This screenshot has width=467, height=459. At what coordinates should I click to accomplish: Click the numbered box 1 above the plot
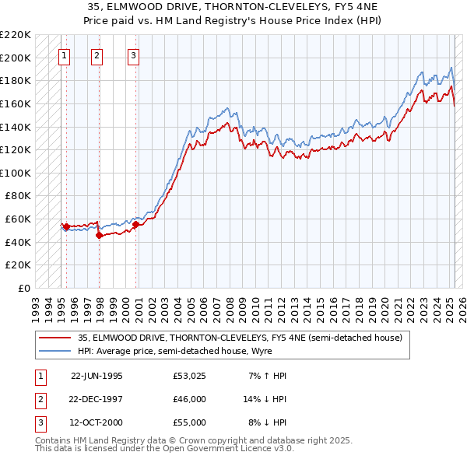[x=64, y=55]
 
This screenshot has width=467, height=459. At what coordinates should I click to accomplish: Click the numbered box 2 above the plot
[x=97, y=55]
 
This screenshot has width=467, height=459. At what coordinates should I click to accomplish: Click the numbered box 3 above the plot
[x=133, y=55]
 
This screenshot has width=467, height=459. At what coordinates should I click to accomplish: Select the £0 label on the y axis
[x=24, y=288]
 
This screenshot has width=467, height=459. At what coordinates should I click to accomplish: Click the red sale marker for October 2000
[x=135, y=225]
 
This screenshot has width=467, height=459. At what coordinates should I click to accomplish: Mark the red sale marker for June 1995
[x=67, y=227]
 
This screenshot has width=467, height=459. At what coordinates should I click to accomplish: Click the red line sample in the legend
[x=55, y=338]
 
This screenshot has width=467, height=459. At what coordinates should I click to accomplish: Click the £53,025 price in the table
[x=191, y=376]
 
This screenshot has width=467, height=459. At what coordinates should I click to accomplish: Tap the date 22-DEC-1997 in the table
[x=97, y=400]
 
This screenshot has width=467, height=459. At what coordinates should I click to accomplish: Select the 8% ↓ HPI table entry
[x=267, y=423]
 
